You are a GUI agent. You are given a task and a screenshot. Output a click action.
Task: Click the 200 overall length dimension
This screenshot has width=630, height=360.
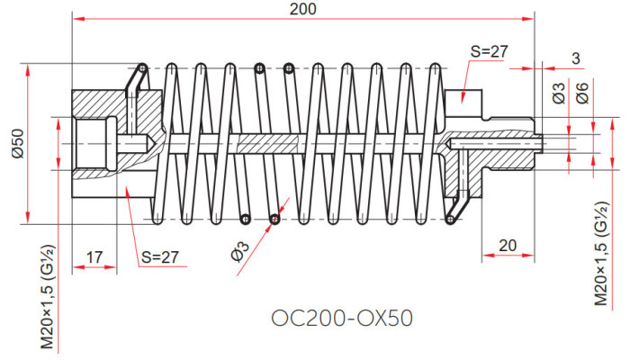coord(303,9)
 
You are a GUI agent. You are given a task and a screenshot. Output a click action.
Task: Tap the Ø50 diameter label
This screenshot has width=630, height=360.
coord(19,143)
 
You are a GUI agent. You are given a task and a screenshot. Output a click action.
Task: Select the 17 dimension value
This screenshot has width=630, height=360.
coord(94,257)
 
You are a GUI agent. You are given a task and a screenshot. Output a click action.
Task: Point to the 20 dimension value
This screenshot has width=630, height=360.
coord(508,246)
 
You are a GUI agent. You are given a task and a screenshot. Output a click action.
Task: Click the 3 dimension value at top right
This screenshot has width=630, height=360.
coord(576,58)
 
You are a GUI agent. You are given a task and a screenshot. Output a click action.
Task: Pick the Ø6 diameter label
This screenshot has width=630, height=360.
coord(581,93)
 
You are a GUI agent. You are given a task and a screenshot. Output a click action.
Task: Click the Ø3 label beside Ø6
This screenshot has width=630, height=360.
coord(559,93)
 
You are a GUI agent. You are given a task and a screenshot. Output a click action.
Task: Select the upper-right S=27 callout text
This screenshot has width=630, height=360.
coord(489,51)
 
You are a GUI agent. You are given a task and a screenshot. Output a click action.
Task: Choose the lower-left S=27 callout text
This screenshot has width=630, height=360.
coord(160,257)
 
